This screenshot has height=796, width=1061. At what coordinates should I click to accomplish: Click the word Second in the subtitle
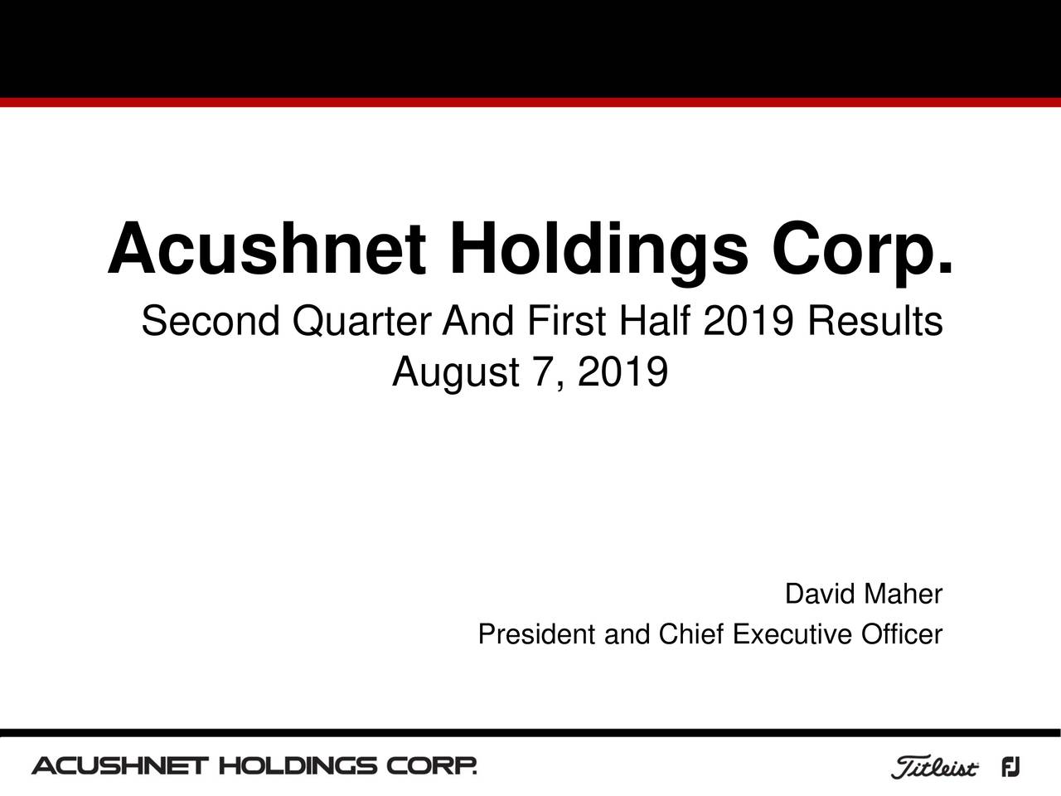[208, 322]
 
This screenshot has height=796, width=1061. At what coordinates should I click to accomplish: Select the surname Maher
[902, 595]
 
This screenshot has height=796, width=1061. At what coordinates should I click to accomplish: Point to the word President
[539, 635]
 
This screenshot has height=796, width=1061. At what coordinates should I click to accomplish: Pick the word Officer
[902, 635]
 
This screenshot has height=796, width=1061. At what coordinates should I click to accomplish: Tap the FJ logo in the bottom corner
[1010, 768]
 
